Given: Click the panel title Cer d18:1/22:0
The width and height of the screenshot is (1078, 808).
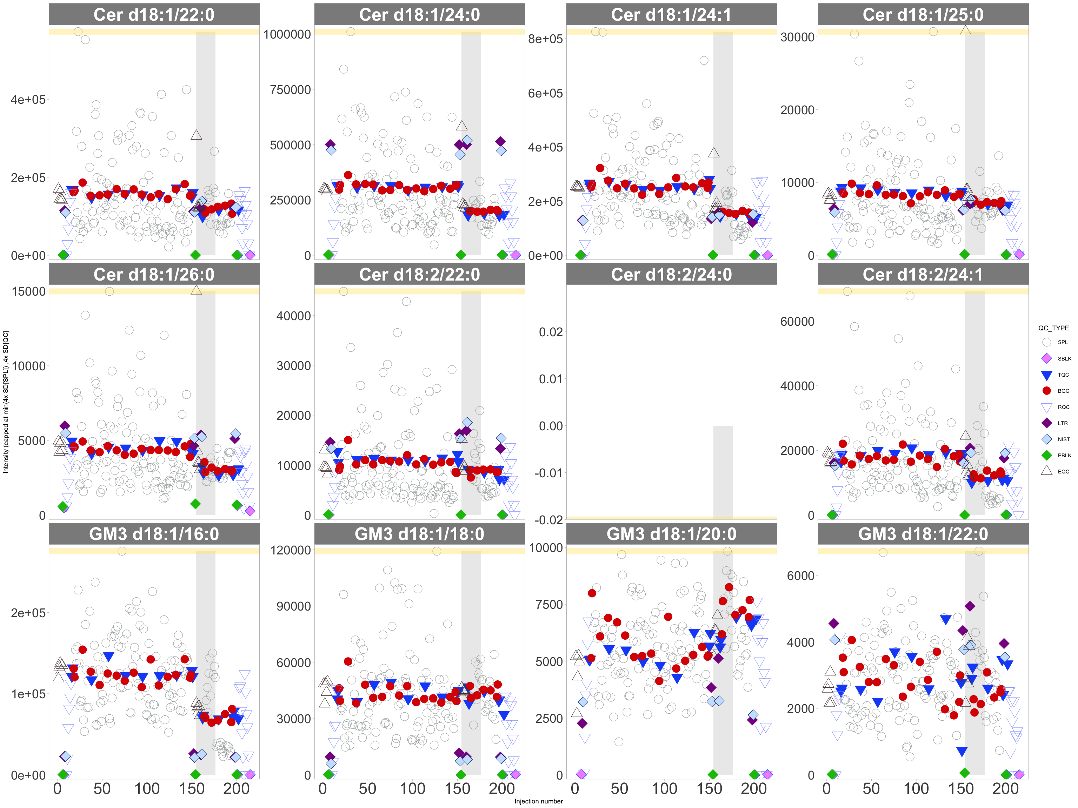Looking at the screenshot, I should (x=154, y=15).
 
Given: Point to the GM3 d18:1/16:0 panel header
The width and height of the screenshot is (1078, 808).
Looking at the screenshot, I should (x=154, y=534).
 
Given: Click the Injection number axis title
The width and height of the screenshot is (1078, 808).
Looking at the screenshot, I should (x=539, y=801).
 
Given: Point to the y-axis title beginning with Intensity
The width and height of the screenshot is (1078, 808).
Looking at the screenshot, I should (x=6, y=402).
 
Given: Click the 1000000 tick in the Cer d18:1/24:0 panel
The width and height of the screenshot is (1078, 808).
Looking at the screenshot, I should (x=287, y=35).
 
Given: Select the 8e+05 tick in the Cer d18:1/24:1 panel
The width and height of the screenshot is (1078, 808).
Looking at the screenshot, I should (x=545, y=39).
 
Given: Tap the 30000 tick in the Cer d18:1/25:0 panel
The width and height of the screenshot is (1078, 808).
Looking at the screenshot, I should (x=797, y=37).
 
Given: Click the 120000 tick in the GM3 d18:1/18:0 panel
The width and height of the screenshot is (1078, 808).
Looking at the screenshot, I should (x=291, y=550).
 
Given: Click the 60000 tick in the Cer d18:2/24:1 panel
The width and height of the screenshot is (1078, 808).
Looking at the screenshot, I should (x=797, y=322).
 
